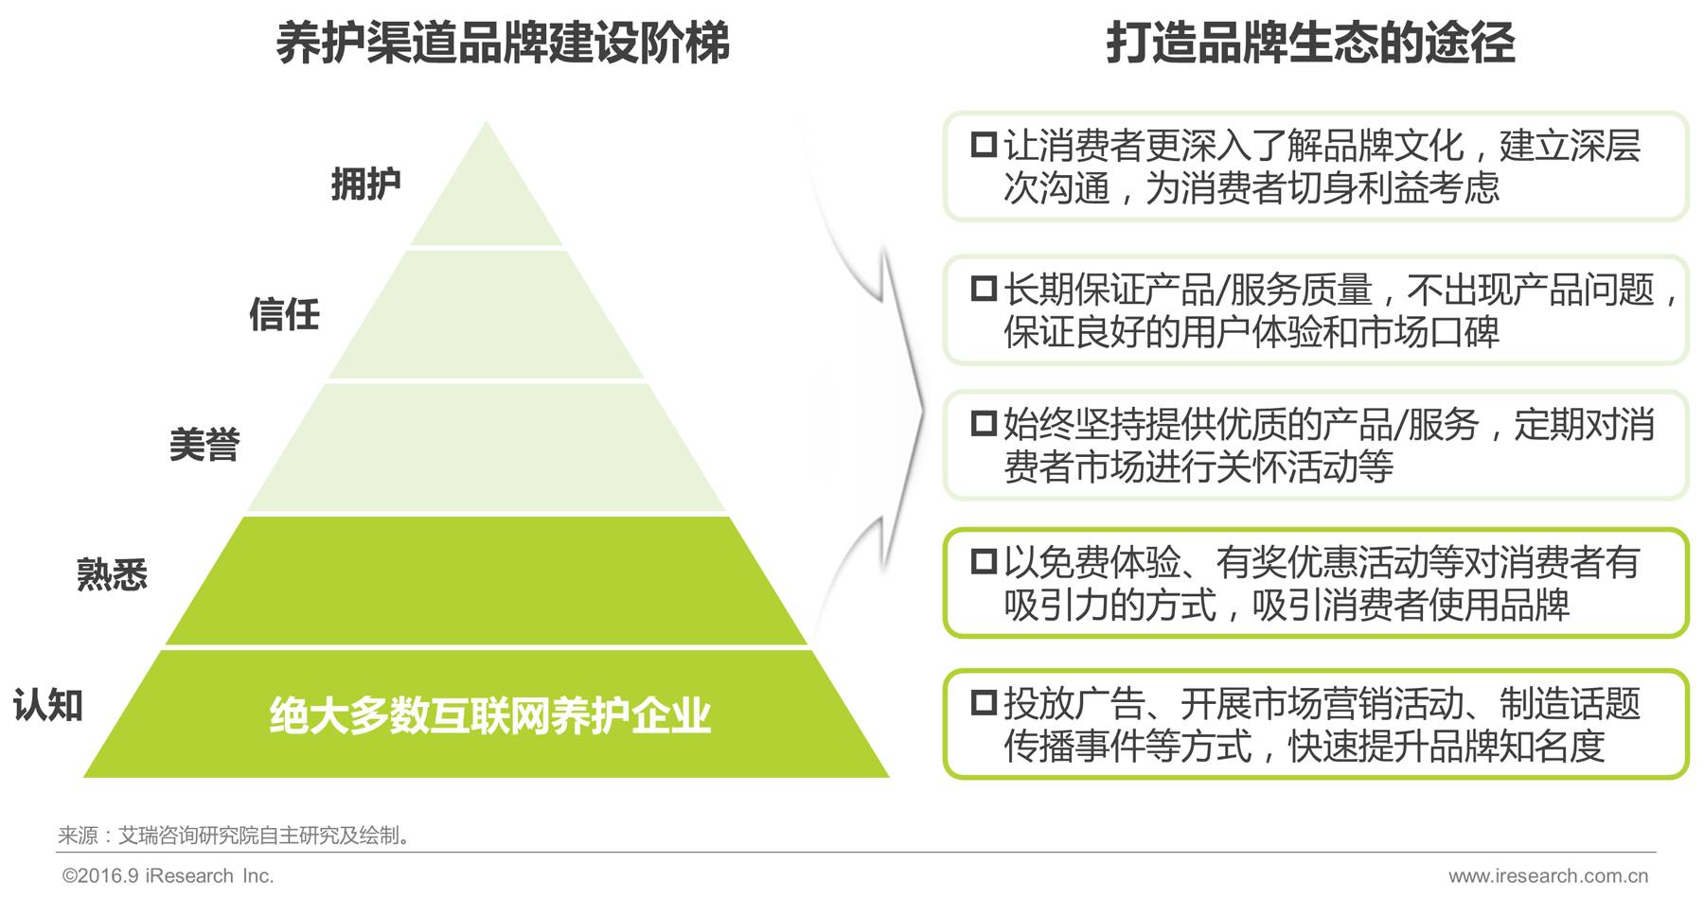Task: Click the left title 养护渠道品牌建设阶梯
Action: coord(503,44)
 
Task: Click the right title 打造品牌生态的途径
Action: coord(1310,44)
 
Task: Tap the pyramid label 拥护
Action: coord(365,184)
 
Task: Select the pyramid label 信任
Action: coord(284,314)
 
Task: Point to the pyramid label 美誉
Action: coord(204,445)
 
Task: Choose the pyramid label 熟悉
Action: coord(112,574)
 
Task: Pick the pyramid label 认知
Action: coord(48,705)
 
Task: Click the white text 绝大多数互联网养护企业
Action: coord(489,715)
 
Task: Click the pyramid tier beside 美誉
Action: coord(487,447)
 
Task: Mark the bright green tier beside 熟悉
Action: coord(487,580)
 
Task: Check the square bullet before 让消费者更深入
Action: coord(984,145)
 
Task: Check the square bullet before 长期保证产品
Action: coord(984,288)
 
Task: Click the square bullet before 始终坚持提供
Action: coord(984,423)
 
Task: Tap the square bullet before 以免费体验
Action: coord(984,561)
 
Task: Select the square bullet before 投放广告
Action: coord(984,702)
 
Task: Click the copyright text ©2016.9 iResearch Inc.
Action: coord(168,876)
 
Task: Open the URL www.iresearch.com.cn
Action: coord(1548,876)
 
